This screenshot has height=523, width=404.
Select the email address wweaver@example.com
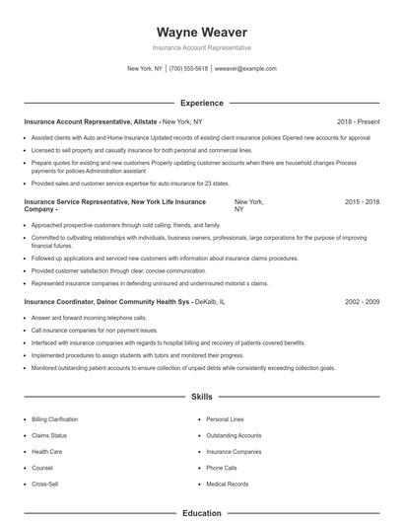[x=244, y=69]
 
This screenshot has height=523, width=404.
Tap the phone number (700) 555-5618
[x=188, y=69]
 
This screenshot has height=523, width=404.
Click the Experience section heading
[x=202, y=103]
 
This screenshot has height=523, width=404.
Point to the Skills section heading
[x=202, y=397]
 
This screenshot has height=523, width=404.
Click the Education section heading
[x=202, y=513]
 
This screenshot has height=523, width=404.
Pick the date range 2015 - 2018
[x=362, y=201]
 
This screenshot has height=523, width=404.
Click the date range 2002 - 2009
[x=362, y=301]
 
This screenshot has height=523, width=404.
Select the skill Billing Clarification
[x=55, y=419]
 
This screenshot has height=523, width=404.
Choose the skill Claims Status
[x=49, y=435]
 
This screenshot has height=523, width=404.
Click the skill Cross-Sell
[x=45, y=485]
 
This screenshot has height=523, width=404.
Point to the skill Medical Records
[x=227, y=485]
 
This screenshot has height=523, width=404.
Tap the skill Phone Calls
[x=222, y=468]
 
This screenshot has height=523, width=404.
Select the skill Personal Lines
[x=225, y=419]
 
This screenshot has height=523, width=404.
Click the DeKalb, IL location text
[x=209, y=301]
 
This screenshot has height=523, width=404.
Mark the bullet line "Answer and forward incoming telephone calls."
[x=89, y=318]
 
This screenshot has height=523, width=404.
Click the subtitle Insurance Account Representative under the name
[x=202, y=47]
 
